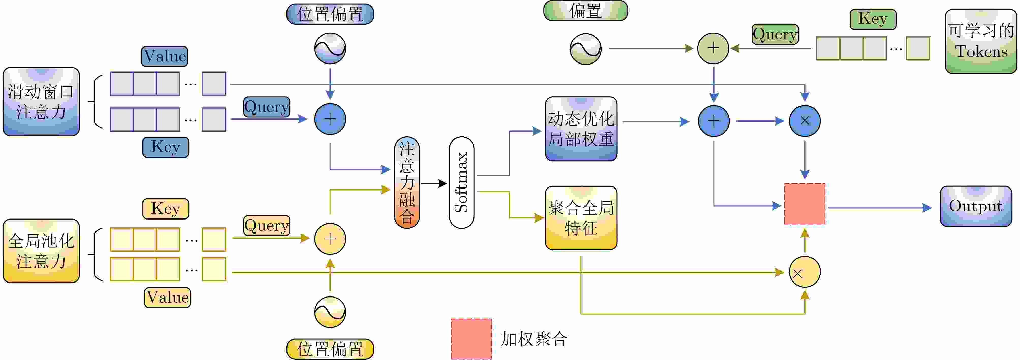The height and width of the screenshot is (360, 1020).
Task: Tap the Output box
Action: coord(976,206)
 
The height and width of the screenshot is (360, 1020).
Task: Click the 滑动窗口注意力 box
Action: coord(41,102)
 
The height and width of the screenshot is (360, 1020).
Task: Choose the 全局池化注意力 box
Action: coord(41,251)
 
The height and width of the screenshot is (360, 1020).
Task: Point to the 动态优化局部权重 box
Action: coord(581,129)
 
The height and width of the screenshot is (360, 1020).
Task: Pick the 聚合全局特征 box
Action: coord(581,218)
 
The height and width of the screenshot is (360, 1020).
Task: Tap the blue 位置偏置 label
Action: coord(330,14)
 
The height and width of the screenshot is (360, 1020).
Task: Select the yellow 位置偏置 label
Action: coord(330,349)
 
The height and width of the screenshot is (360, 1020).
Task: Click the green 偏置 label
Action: coord(586,11)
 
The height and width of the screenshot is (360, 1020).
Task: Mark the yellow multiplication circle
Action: coord(805,272)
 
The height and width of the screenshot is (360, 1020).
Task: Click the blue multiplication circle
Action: coord(805,121)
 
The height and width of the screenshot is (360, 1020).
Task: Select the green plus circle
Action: coord(713,48)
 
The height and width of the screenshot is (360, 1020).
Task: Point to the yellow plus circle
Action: coord(330,239)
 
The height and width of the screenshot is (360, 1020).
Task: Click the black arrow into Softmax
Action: coord(434,183)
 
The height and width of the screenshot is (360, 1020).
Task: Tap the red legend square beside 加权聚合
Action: coord(471,339)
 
